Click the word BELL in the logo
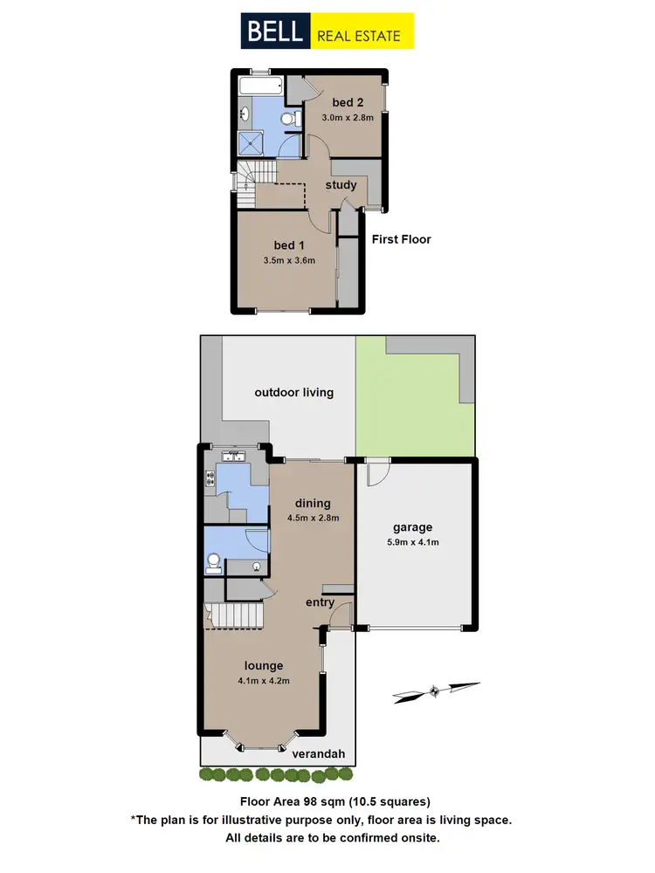point(274,32)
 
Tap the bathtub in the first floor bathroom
point(261,87)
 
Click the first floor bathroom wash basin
point(245,113)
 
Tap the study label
point(341,185)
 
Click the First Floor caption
point(401,239)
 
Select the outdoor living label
point(293,392)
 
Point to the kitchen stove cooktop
point(210,478)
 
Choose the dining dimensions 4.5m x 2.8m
point(313,518)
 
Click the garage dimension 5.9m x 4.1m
point(413,542)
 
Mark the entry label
point(320,602)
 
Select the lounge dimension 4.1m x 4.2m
point(263,681)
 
